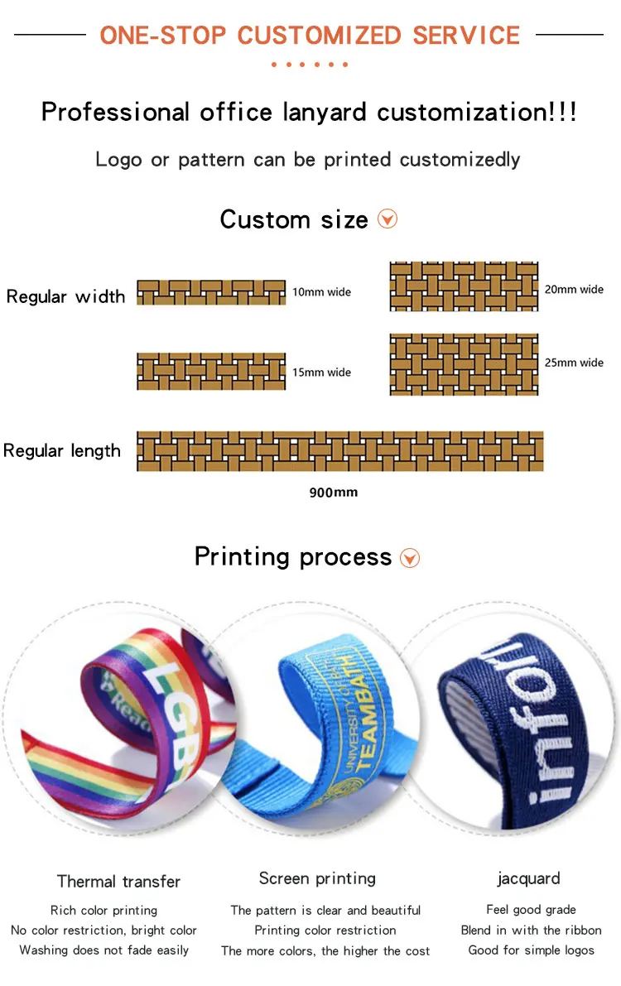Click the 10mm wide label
[x=321, y=292]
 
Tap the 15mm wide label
[x=321, y=373]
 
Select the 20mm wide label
[x=574, y=290]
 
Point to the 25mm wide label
[x=574, y=363]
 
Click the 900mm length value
[x=334, y=493]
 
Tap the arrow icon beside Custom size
[x=388, y=219]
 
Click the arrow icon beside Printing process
[x=410, y=558]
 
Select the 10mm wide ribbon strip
[x=211, y=292]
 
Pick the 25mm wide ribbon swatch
[x=464, y=364]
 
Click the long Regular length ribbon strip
[x=339, y=451]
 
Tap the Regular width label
[x=65, y=296]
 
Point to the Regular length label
[x=62, y=451]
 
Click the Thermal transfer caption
[x=118, y=882]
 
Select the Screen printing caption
[x=317, y=878]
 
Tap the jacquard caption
[x=528, y=878]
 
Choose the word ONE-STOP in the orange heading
[x=162, y=36]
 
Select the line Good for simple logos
[x=531, y=950]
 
